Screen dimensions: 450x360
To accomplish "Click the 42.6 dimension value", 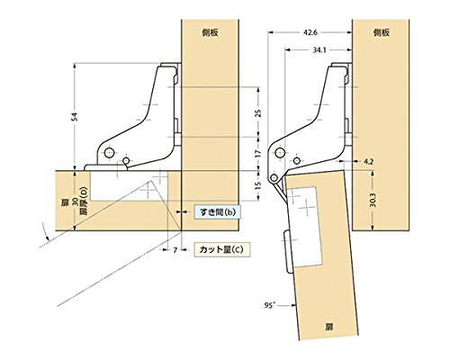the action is pyautogui.click(x=310, y=32).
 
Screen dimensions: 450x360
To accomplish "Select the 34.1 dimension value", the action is pyautogui.click(x=319, y=50).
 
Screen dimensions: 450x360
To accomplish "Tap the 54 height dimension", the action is pyautogui.click(x=76, y=117).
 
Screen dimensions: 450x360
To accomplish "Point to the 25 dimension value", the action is pyautogui.click(x=258, y=113).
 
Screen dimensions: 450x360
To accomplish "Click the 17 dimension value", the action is pyautogui.click(x=258, y=154).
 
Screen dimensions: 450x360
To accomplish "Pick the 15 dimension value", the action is pyautogui.click(x=258, y=185).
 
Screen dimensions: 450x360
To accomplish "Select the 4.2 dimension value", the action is pyautogui.click(x=368, y=162).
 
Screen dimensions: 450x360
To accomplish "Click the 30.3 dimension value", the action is pyautogui.click(x=373, y=200).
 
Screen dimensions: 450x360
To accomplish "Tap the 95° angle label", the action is pyautogui.click(x=270, y=305).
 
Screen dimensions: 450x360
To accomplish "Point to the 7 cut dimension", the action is pyautogui.click(x=175, y=250).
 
